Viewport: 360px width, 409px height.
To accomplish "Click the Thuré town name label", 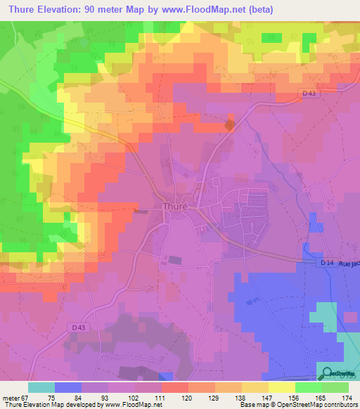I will [174, 207].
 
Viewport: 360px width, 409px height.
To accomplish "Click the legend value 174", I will [346, 397].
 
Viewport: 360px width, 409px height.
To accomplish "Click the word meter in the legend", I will [10, 397].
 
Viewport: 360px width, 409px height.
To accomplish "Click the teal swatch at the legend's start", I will [41, 387].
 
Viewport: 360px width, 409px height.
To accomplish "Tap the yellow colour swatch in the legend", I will [282, 387].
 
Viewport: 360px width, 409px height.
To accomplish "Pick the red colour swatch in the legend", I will [174, 387].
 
